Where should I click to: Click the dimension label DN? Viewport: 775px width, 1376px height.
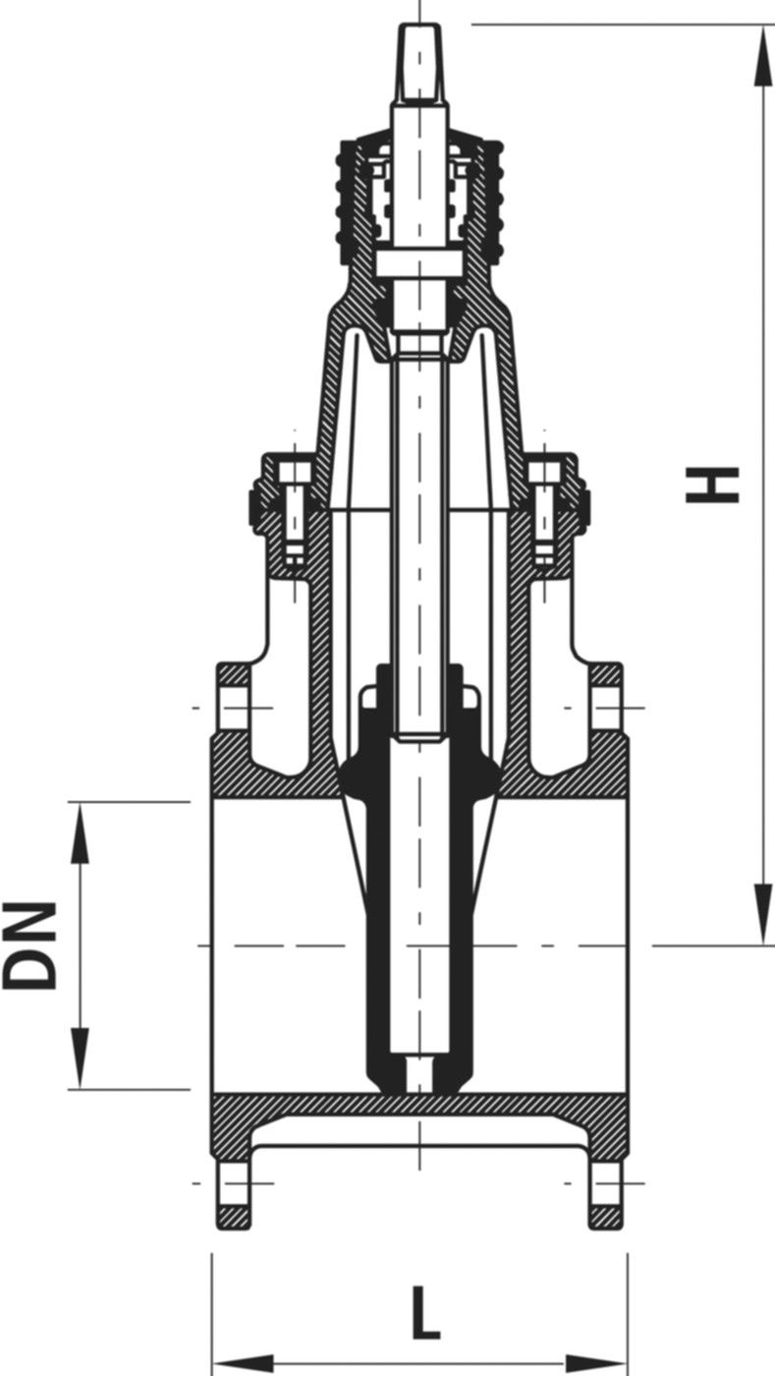pyautogui.click(x=29, y=946)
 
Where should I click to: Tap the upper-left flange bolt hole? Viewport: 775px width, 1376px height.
pyautogui.click(x=232, y=708)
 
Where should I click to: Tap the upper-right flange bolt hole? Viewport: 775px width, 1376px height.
pyautogui.click(x=606, y=708)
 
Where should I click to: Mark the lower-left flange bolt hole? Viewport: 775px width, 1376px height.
pyautogui.click(x=232, y=1183)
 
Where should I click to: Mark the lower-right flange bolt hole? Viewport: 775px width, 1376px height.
pyautogui.click(x=606, y=1183)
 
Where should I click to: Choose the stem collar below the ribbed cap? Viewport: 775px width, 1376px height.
pyautogui.click(x=419, y=265)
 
